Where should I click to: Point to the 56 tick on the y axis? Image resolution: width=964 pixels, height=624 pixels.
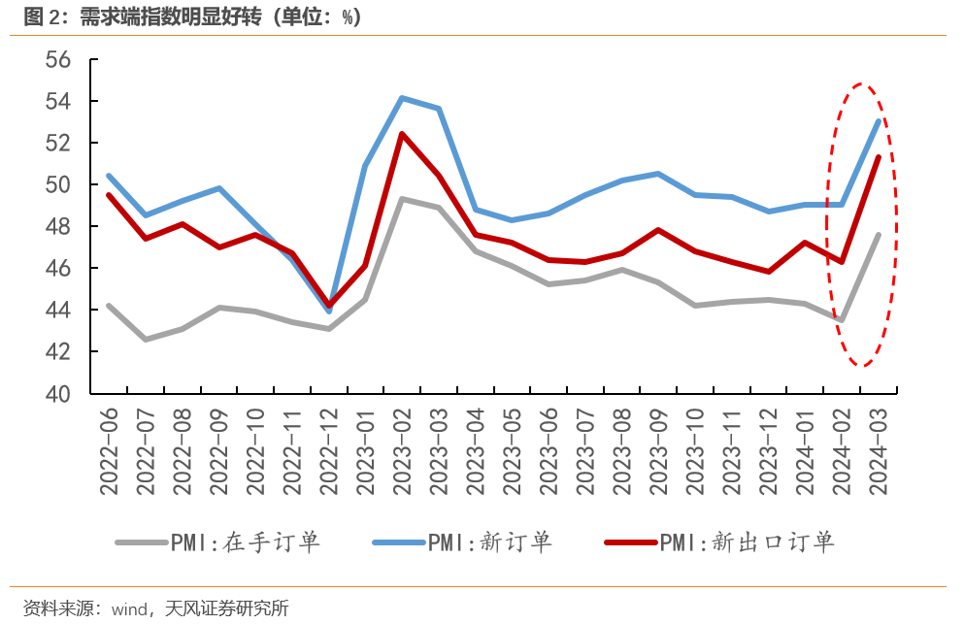[58, 59]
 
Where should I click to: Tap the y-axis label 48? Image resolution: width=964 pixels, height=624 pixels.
[58, 226]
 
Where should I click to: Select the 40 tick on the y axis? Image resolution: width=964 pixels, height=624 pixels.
[58, 393]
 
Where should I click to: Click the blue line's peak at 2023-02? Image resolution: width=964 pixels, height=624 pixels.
[402, 97]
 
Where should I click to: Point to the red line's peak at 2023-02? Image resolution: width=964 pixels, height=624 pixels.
[402, 134]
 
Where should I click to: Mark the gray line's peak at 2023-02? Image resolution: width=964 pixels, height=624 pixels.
[402, 199]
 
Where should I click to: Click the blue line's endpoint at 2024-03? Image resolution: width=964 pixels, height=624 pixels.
[879, 120]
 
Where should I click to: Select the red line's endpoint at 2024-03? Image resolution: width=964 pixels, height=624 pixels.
[879, 156]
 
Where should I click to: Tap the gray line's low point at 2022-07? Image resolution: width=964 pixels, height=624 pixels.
[145, 340]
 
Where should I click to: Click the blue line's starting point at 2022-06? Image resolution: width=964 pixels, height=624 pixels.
[109, 176]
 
